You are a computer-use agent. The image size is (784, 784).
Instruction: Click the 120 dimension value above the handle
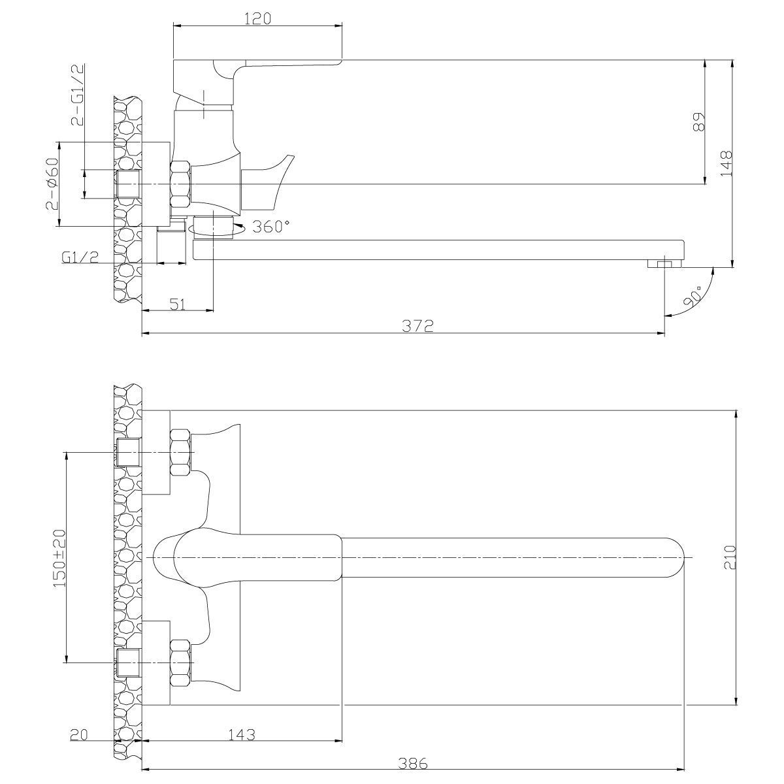pos(258,19)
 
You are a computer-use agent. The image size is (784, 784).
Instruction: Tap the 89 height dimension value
pos(698,122)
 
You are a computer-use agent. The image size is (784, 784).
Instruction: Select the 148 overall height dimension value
pos(726,163)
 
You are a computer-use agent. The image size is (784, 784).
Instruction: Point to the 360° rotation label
pos(271,226)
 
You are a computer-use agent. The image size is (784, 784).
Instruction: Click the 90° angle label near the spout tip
pos(693,296)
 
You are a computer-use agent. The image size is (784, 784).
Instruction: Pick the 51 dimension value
pos(178,304)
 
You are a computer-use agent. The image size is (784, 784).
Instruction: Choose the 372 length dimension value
pos(418,326)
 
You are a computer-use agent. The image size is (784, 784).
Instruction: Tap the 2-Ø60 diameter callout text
pos(52,184)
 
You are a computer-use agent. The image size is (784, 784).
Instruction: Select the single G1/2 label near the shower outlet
pos(80,257)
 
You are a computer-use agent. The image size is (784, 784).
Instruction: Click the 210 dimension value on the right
pos(730,557)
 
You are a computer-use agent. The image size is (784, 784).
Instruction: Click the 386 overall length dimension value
pos(412,763)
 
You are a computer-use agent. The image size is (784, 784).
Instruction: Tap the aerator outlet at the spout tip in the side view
pos(665,264)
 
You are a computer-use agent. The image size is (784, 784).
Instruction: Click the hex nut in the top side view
pos(180,184)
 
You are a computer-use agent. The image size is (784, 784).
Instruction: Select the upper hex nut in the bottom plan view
pos(180,452)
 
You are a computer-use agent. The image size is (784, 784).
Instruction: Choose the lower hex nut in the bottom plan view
pos(180,662)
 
